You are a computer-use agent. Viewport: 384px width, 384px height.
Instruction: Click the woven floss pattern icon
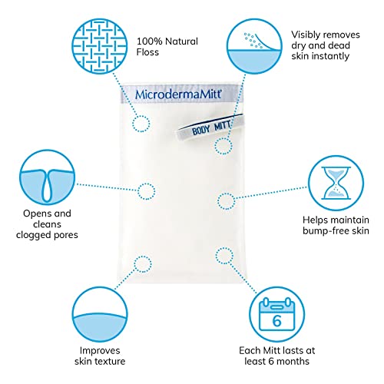coord(99,46)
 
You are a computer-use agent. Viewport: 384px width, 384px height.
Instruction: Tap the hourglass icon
coord(336,183)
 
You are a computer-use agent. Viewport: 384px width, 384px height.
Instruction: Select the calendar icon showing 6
coord(277,314)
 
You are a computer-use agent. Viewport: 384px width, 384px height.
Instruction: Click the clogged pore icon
coord(48,177)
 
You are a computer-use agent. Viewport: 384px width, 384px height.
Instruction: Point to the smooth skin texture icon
coord(100,314)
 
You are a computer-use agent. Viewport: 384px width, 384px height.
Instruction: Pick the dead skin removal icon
coord(254,46)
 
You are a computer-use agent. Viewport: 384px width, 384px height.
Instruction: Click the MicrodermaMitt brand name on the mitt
coord(178,94)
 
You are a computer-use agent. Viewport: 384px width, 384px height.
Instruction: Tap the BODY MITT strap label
coord(211,127)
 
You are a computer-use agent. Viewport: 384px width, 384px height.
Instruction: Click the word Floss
coord(147,52)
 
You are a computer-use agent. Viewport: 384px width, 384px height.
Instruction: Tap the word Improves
coord(100,350)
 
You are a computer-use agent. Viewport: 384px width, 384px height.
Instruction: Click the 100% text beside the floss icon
coord(149,41)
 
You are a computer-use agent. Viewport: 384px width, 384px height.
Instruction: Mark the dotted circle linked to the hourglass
coord(226,201)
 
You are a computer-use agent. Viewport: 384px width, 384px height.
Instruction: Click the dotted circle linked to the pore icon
coord(146,191)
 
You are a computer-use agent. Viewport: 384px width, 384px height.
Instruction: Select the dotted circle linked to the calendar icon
coord(224,256)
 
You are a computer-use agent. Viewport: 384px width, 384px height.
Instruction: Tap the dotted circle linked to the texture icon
coord(143,264)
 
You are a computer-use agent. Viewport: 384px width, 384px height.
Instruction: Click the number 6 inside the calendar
coord(276,321)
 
